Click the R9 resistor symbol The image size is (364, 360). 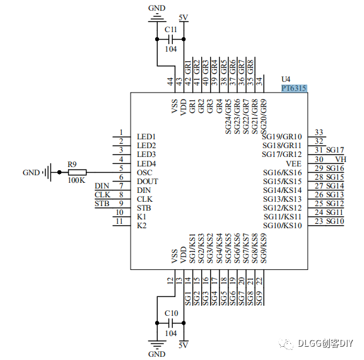tap(77, 172)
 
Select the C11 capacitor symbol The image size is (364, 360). tap(170, 38)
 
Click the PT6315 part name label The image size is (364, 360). tap(294, 88)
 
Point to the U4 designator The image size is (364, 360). tap(286, 79)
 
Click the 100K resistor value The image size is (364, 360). tap(77, 180)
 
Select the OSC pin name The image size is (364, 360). tap(144, 173)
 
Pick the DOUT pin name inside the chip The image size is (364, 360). tap(147, 182)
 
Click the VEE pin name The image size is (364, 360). tap(293, 163)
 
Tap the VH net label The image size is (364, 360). tap(340, 159)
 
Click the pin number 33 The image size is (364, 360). tap(319, 132)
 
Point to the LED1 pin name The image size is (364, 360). tap(146, 137)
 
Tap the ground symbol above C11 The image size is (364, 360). tap(156, 20)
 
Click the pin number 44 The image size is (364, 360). tap(170, 81)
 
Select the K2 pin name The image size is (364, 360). tap(141, 226)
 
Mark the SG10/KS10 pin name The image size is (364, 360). tap(283, 226)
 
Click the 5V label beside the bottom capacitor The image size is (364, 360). tap(184, 345)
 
